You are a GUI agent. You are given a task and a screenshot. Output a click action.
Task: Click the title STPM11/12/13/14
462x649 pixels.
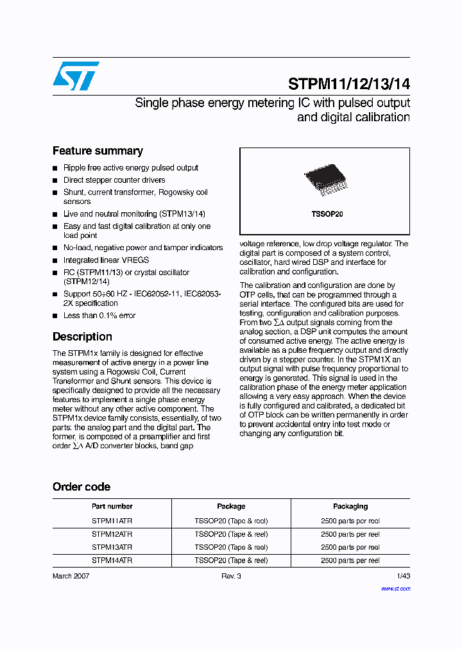click(348, 84)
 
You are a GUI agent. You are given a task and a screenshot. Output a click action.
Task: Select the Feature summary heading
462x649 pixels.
click(98, 151)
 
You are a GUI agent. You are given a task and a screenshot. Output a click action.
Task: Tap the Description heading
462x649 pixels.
click(82, 337)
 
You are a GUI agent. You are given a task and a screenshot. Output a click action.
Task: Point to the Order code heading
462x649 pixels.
click(81, 487)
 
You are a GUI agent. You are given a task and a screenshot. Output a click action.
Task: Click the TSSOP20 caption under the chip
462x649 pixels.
click(324, 214)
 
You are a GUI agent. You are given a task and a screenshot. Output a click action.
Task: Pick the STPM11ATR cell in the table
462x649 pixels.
click(112, 521)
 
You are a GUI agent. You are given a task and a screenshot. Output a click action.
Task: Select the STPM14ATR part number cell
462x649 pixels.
click(112, 560)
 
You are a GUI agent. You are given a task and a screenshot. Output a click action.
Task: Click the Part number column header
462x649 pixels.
click(112, 506)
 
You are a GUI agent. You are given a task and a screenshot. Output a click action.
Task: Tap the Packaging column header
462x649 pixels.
click(350, 506)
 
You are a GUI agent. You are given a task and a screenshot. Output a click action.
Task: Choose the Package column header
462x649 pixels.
click(231, 506)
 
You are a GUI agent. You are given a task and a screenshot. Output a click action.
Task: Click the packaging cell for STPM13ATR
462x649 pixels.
click(350, 548)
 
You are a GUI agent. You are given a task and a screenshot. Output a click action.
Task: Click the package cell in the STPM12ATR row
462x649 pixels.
click(231, 534)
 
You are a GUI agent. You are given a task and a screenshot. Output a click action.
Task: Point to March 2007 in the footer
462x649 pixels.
click(71, 576)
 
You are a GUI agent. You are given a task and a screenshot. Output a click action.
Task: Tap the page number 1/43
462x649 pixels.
click(403, 576)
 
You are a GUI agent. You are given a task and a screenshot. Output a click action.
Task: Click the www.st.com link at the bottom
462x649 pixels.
click(395, 588)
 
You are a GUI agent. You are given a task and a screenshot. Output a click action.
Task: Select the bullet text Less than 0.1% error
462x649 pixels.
click(99, 316)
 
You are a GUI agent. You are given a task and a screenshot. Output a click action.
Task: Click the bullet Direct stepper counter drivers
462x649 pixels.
click(114, 180)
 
